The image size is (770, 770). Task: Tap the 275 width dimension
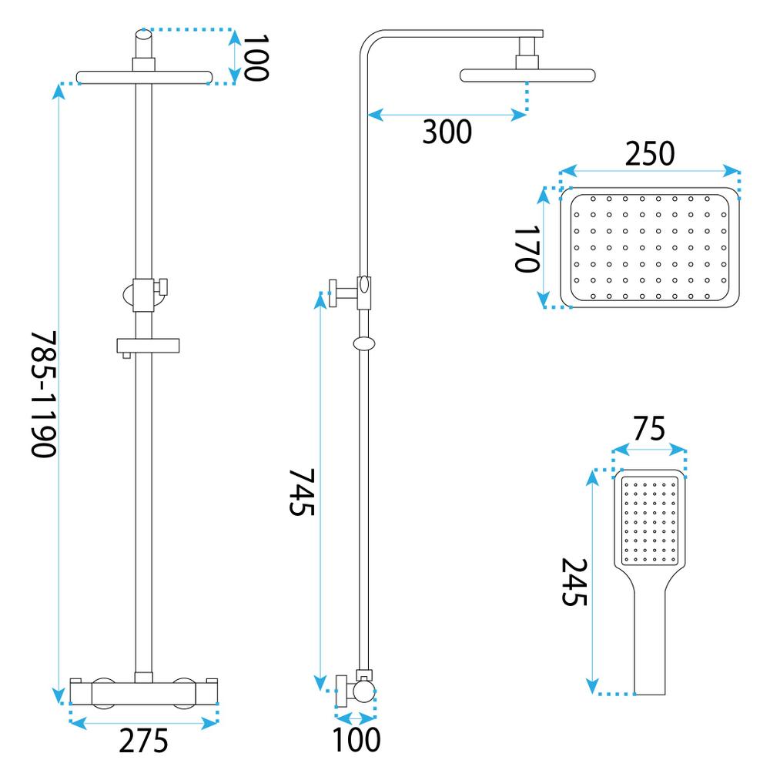point(142,742)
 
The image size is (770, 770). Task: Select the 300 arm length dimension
point(447,133)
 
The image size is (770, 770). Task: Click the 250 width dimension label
point(648,154)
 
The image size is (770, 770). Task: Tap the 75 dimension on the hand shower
point(648,428)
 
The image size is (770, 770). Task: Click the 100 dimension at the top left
point(255,57)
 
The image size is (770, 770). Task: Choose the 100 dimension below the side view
point(356,740)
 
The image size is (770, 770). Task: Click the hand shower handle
point(650,647)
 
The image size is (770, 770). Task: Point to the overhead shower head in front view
point(144,77)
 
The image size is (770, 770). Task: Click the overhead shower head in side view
point(527,75)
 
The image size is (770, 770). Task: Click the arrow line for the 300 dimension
point(447,115)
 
